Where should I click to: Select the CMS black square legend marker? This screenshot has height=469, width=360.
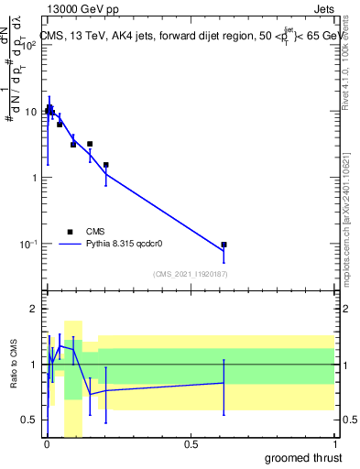70,232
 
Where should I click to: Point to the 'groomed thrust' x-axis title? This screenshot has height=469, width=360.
303,457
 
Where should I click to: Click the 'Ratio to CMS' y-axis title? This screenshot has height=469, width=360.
15,365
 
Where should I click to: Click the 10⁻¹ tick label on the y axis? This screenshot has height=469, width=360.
27,244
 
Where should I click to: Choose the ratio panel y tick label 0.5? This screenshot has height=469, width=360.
30,420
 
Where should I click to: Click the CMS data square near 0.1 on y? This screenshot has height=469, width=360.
224,245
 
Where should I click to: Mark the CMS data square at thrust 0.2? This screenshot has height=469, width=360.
106,165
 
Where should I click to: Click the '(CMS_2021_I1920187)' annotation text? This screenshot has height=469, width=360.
191,274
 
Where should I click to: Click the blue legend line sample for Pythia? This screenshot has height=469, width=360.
70,245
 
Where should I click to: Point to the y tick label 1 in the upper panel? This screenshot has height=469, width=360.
34,178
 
